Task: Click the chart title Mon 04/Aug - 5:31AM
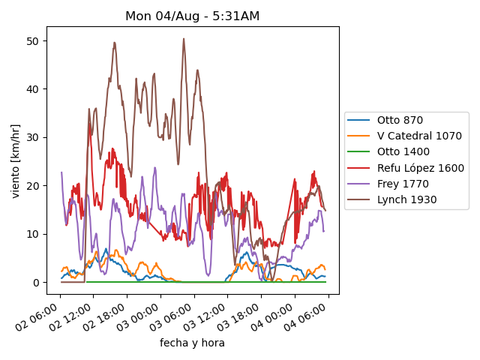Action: click(192, 16)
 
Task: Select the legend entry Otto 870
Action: click(400, 120)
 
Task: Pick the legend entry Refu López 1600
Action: click(420, 168)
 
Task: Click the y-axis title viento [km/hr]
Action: click(16, 161)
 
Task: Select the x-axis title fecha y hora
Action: click(192, 343)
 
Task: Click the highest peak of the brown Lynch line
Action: click(184, 39)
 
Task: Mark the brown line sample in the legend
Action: click(360, 199)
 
